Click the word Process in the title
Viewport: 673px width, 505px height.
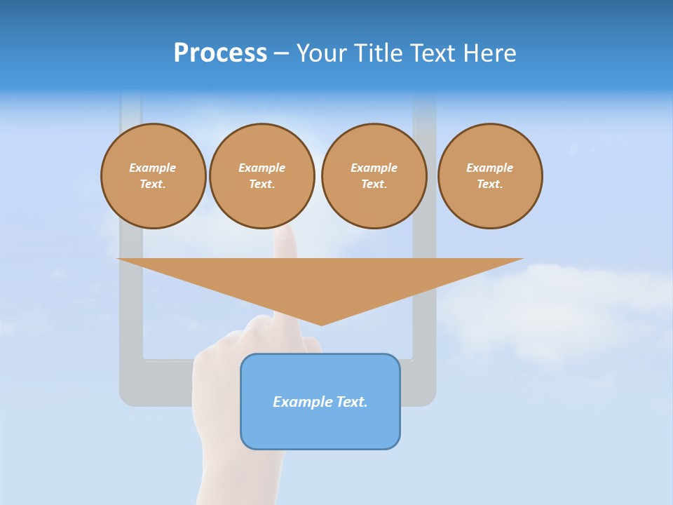tap(220, 53)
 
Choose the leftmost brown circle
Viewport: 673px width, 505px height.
tap(153, 176)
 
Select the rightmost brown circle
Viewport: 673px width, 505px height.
tap(490, 176)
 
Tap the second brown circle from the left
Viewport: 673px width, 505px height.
tap(261, 176)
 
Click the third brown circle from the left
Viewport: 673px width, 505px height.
tap(374, 176)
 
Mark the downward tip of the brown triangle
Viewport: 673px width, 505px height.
tap(321, 324)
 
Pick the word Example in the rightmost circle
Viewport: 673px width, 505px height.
tap(489, 168)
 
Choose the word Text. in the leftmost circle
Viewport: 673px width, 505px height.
tap(153, 184)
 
